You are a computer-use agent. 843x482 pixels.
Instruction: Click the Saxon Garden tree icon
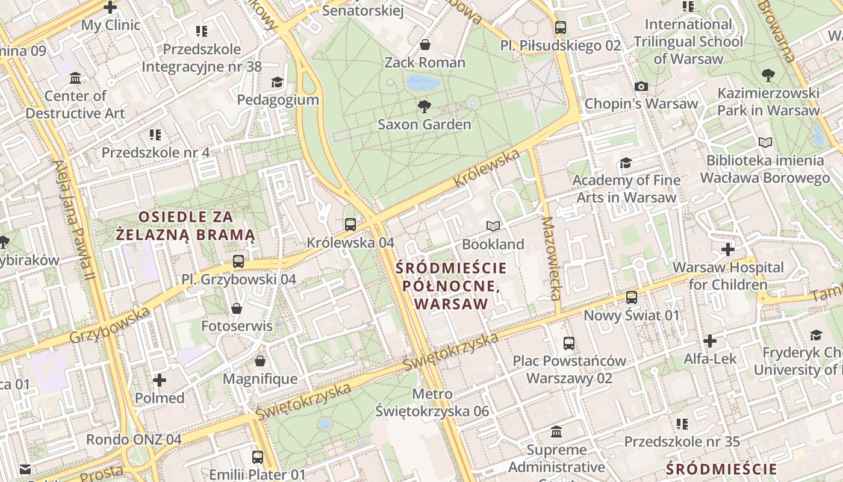[x=424, y=107]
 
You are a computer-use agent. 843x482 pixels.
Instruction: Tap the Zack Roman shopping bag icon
[x=425, y=45]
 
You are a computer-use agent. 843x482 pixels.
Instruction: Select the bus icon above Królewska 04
[x=350, y=225]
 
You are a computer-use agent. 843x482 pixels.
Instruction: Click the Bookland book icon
[x=493, y=227]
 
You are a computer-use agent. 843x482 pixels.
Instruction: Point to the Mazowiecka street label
[x=551, y=258]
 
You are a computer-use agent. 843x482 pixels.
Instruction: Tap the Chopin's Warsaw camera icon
[x=641, y=86]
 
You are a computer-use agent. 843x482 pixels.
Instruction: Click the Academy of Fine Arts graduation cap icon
[x=626, y=163]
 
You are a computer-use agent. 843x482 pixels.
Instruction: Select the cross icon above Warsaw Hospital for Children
[x=728, y=249]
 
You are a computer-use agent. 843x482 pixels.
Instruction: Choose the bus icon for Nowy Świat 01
[x=631, y=298]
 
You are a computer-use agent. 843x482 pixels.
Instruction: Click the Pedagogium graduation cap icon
[x=277, y=82]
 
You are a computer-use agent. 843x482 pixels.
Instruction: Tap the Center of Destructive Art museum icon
[x=75, y=78]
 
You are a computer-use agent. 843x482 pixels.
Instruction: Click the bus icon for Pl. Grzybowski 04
[x=238, y=261]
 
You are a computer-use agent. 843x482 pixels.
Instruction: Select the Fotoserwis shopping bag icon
[x=237, y=308]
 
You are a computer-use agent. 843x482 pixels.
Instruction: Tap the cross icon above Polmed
[x=160, y=380]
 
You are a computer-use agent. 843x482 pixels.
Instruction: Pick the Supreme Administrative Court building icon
[x=556, y=432]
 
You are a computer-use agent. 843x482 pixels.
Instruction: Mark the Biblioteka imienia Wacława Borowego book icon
[x=765, y=143]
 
